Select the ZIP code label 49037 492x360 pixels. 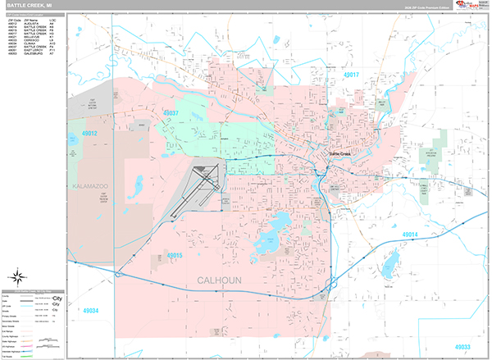tap(171, 113)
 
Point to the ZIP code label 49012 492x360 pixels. tap(89, 134)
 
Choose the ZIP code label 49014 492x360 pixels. tap(410, 235)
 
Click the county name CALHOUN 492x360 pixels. tap(220, 281)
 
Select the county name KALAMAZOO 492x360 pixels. tap(90, 187)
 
